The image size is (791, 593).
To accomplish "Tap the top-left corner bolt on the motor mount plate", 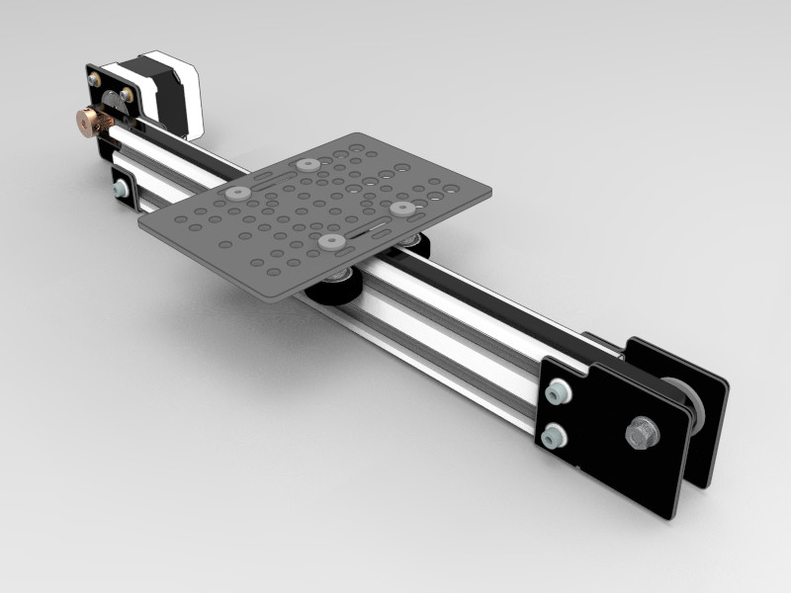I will tap(96, 77).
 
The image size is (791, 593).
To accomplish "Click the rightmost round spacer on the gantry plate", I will tap(400, 209).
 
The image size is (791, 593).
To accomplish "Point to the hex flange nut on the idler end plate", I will tap(640, 431).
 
